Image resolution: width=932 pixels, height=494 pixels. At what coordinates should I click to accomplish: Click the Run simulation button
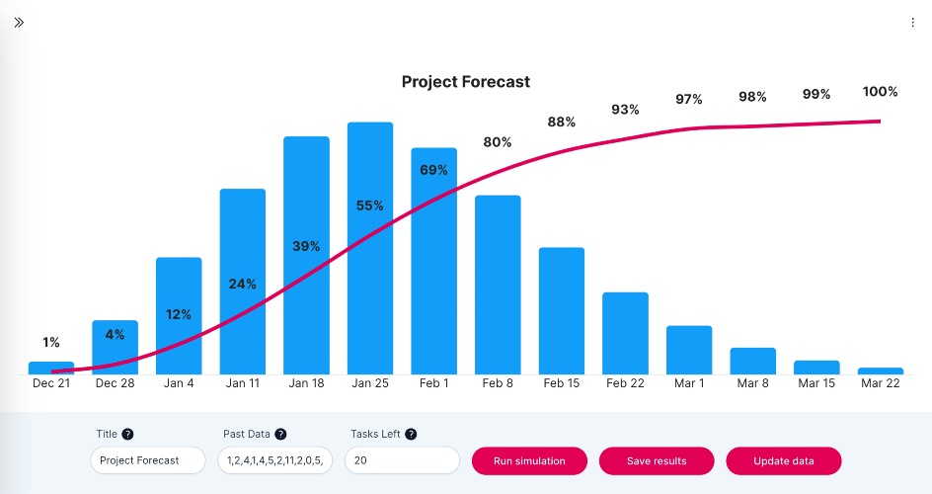click(x=529, y=460)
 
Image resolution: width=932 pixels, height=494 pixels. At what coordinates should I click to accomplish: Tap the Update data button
click(x=783, y=460)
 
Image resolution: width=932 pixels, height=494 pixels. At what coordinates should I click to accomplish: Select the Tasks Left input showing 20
click(x=403, y=460)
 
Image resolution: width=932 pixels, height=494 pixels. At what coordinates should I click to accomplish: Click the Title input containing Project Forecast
click(x=148, y=460)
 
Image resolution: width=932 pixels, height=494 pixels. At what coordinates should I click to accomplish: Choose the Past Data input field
click(x=275, y=460)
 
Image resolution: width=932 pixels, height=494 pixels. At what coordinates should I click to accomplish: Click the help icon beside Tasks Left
click(x=411, y=434)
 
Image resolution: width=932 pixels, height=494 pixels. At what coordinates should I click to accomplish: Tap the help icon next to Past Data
click(x=280, y=434)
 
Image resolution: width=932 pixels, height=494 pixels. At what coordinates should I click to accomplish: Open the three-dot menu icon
click(x=912, y=23)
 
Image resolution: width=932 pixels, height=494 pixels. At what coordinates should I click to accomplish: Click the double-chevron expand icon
click(x=19, y=23)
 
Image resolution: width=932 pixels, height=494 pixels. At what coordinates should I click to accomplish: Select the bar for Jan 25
click(x=370, y=248)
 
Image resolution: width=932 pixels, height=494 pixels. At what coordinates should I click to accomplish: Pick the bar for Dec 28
click(x=115, y=347)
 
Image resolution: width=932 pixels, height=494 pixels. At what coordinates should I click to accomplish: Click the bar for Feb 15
click(x=562, y=311)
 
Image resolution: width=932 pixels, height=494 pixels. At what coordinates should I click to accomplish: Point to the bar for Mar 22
click(x=881, y=370)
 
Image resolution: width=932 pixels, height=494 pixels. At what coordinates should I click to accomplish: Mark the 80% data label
click(x=498, y=142)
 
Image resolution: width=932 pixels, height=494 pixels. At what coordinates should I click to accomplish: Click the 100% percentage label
click(x=881, y=92)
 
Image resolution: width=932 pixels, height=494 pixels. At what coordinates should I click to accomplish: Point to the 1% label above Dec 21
click(x=51, y=343)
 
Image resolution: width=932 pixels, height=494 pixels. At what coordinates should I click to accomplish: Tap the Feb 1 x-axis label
click(x=433, y=383)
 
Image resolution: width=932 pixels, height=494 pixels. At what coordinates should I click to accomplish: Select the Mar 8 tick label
click(x=753, y=383)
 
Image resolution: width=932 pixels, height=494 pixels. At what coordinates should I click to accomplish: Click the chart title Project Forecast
click(x=466, y=81)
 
